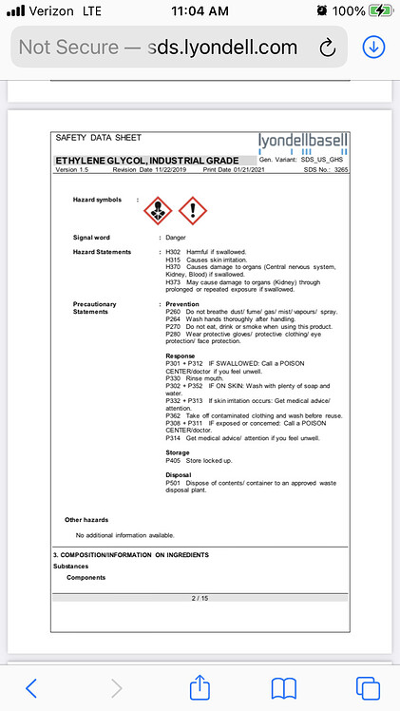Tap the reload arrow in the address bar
coord(329,47)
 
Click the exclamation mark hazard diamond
coord(193,209)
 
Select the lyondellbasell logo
coord(303,142)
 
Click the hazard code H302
coord(173,251)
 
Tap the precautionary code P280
coord(173,335)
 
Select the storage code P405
coord(173,461)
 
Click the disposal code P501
coord(173,482)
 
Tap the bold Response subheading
coord(181,355)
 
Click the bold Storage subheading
coord(178,452)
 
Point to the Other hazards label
coord(86,520)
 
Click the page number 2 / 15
coord(200,598)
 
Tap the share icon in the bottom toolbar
coord(200,686)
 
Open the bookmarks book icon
coord(284,686)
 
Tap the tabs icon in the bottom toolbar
coord(368,686)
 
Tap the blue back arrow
coord(31,686)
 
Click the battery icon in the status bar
coord(380,11)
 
